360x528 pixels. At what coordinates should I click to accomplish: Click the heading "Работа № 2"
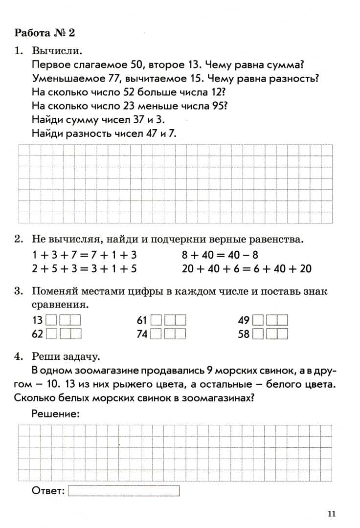(45, 33)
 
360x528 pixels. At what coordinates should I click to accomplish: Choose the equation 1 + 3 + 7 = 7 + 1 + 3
(85, 255)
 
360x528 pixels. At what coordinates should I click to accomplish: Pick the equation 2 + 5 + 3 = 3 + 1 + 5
(85, 268)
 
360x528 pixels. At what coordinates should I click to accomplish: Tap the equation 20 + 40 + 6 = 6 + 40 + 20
(247, 268)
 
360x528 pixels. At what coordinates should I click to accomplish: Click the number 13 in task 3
(38, 321)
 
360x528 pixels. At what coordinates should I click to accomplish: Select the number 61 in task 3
(142, 321)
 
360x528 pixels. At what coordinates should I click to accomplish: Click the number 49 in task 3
(244, 321)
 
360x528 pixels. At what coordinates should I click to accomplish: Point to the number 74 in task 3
(142, 334)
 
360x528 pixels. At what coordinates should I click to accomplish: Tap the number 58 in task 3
(244, 334)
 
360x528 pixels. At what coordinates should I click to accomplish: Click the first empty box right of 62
(51, 334)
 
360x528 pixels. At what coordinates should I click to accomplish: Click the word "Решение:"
(55, 414)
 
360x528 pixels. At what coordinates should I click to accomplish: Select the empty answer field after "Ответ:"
(124, 490)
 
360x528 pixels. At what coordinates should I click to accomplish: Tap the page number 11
(332, 513)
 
